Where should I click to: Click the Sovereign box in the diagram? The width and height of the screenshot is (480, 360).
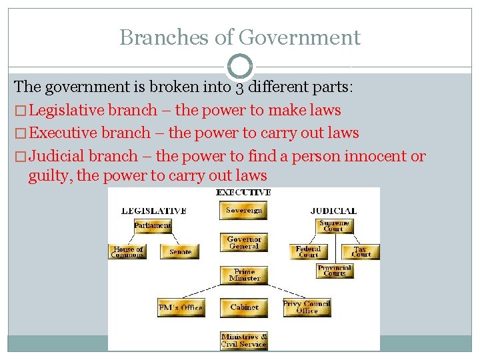[x=244, y=211]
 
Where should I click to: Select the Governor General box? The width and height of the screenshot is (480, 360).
[x=244, y=243]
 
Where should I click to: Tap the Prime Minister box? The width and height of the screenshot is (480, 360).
[x=244, y=275]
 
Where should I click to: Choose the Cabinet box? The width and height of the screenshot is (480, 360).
[x=244, y=307]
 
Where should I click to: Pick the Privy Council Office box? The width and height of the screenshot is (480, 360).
[x=307, y=307]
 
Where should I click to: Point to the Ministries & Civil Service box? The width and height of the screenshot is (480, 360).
[x=244, y=341]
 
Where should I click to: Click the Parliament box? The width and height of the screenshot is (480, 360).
[x=152, y=225]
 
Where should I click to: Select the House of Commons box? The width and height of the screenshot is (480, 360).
[x=128, y=252]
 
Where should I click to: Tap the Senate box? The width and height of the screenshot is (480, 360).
[x=180, y=252]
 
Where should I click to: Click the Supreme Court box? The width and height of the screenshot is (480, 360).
[x=333, y=226]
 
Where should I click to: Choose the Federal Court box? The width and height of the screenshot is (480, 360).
[x=308, y=252]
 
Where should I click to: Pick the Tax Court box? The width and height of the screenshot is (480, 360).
[x=361, y=252]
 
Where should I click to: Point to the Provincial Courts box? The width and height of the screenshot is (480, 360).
[x=335, y=271]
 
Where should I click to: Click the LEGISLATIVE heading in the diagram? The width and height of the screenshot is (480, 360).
[x=154, y=211]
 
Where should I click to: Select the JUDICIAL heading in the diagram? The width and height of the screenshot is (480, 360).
[x=333, y=211]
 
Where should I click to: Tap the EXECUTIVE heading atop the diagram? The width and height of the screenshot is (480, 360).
[x=243, y=192]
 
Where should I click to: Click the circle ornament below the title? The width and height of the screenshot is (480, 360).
[x=240, y=67]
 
